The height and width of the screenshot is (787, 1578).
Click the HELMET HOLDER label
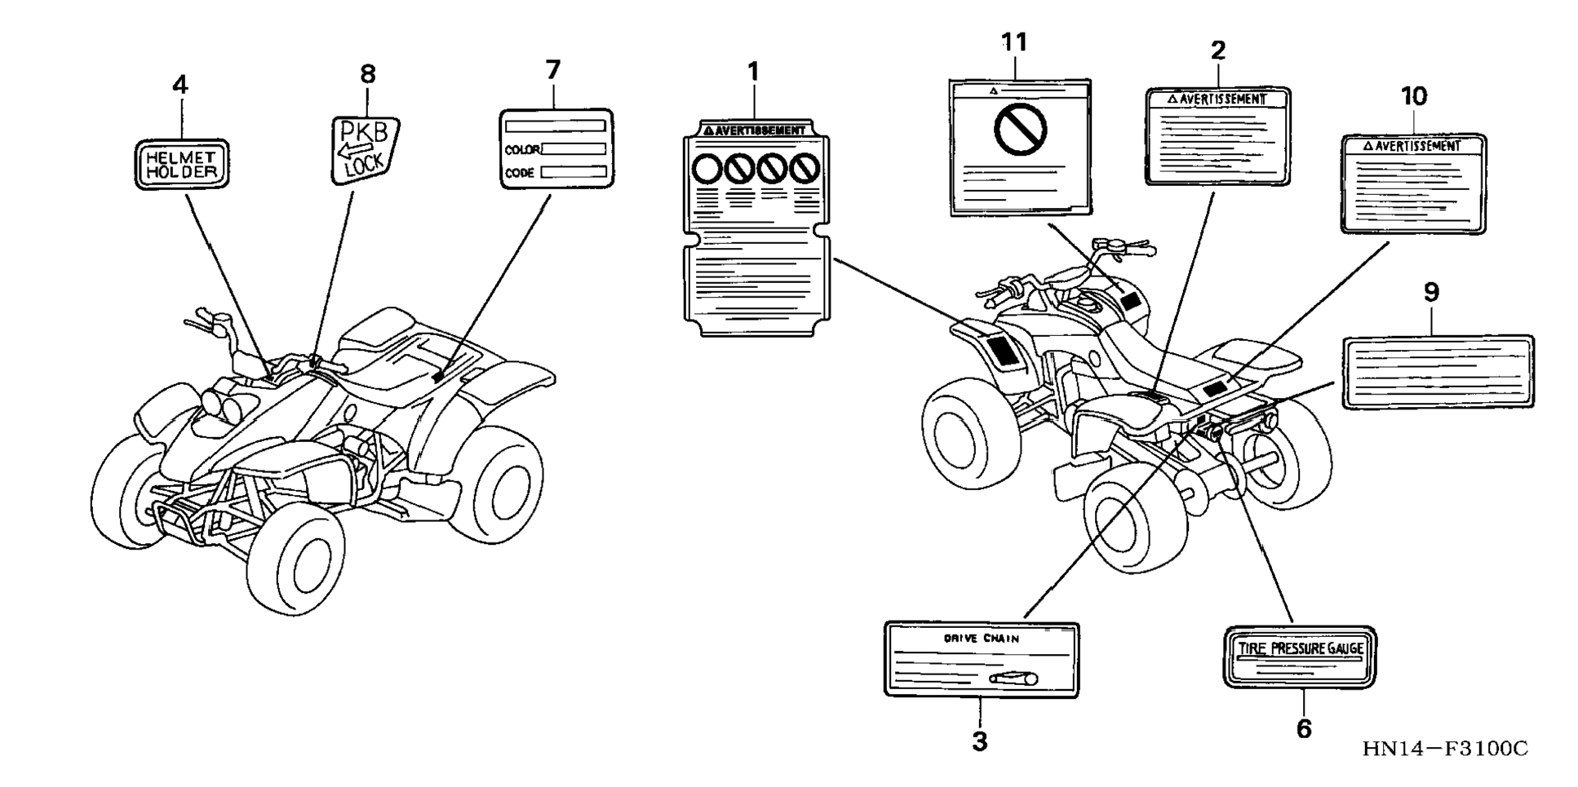click(x=181, y=164)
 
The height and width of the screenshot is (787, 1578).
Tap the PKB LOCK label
click(x=364, y=148)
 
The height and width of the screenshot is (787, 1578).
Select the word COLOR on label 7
click(x=521, y=150)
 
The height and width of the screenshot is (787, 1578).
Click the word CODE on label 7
click(x=519, y=173)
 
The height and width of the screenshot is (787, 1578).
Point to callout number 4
click(x=180, y=85)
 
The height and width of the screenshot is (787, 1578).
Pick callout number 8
click(x=368, y=74)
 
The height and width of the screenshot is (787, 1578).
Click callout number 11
click(x=1014, y=42)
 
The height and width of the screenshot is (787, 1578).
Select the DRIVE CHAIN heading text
click(x=981, y=639)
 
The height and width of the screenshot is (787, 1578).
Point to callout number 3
click(x=980, y=741)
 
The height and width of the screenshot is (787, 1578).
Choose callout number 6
click(x=1304, y=728)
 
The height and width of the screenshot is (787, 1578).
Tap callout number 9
click(x=1431, y=293)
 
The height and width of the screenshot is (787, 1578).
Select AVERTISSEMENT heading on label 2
click(x=1221, y=99)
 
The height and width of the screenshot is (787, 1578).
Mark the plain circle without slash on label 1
click(x=705, y=169)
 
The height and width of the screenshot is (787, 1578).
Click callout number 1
click(x=753, y=72)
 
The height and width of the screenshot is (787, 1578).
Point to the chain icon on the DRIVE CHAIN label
click(x=1013, y=678)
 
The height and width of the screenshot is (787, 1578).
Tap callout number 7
click(x=553, y=70)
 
